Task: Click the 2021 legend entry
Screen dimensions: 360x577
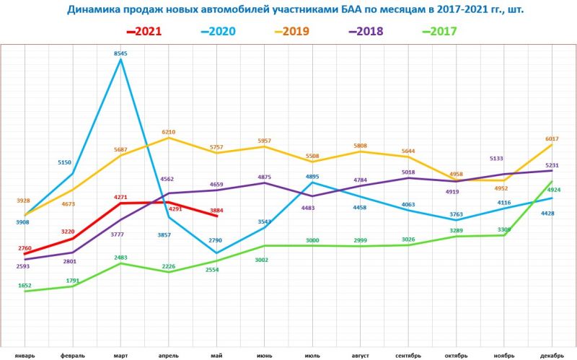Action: pyautogui.click(x=144, y=31)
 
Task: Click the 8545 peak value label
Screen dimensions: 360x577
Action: pyautogui.click(x=121, y=53)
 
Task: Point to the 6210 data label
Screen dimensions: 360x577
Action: pyautogui.click(x=169, y=132)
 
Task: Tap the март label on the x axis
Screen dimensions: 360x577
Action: pyautogui.click(x=121, y=355)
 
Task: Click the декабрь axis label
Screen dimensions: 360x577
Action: pyautogui.click(x=551, y=355)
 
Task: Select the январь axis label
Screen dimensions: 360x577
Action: pyautogui.click(x=25, y=355)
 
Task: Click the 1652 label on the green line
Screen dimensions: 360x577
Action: pyautogui.click(x=25, y=286)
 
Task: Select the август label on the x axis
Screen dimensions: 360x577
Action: pyautogui.click(x=360, y=355)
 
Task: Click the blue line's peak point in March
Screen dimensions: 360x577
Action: pyautogui.click(x=121, y=60)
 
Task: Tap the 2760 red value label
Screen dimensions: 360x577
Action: pyautogui.click(x=25, y=248)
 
